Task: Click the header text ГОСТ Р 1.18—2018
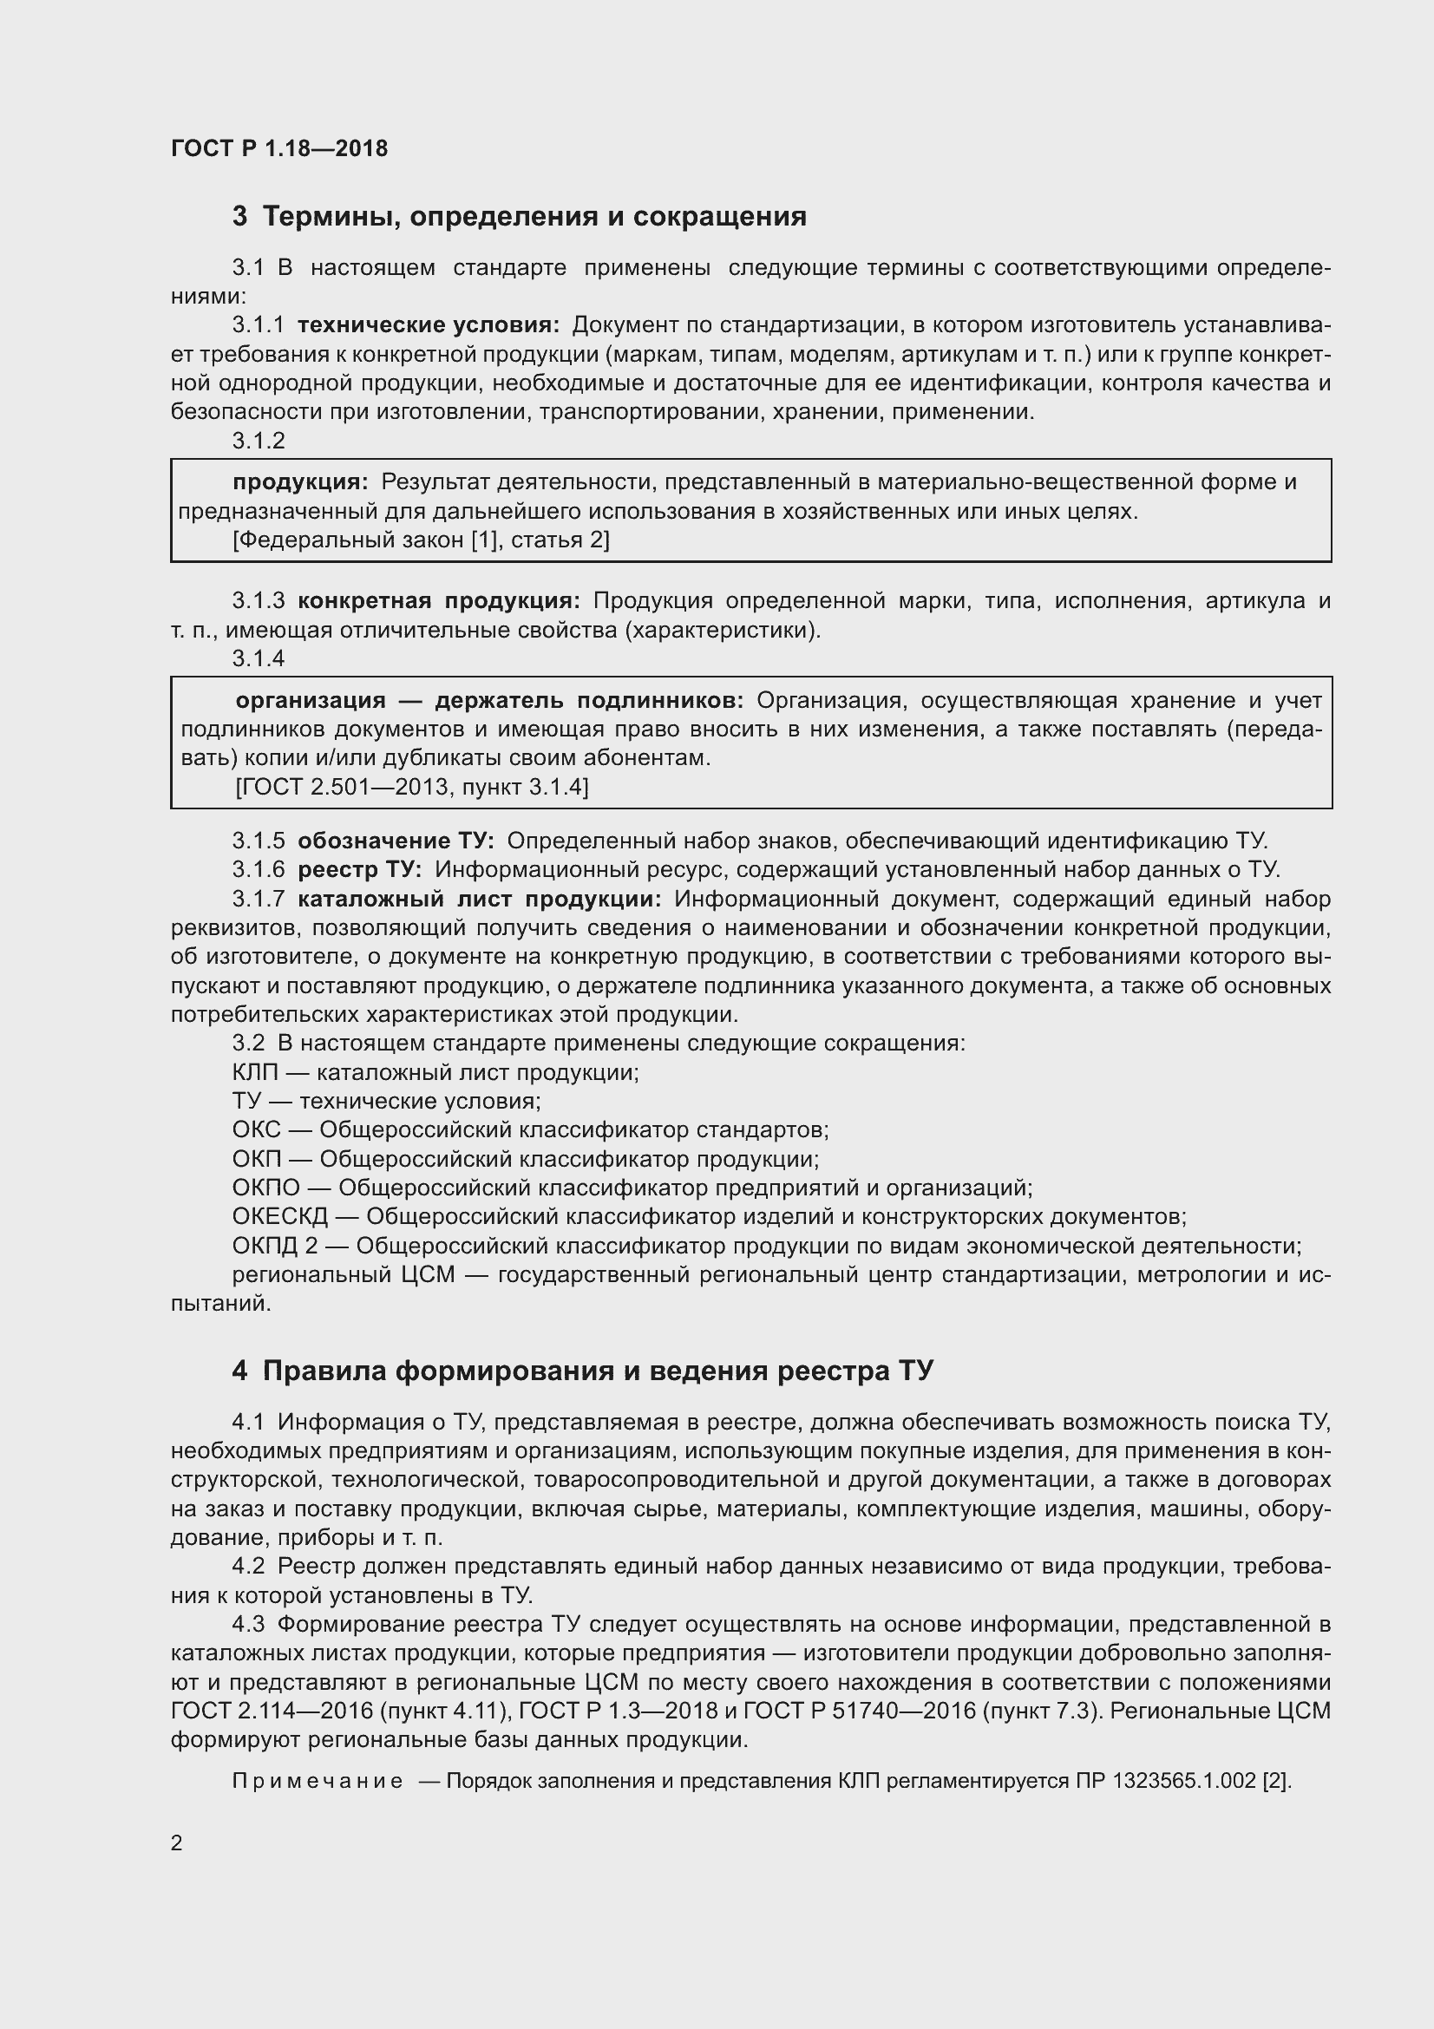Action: tap(279, 148)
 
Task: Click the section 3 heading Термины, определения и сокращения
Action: tap(520, 217)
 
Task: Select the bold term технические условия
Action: tap(429, 325)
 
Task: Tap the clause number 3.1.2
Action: tap(258, 440)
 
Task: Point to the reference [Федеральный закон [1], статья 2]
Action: tap(421, 540)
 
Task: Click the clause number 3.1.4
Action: tap(258, 658)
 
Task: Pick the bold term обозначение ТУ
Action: tap(396, 841)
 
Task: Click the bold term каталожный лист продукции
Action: tap(479, 900)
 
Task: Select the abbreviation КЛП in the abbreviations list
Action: tap(254, 1073)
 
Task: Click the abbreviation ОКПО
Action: tap(266, 1188)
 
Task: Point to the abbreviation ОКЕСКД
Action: tap(279, 1217)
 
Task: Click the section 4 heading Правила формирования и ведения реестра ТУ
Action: tap(582, 1371)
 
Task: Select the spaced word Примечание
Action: tap(317, 1781)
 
